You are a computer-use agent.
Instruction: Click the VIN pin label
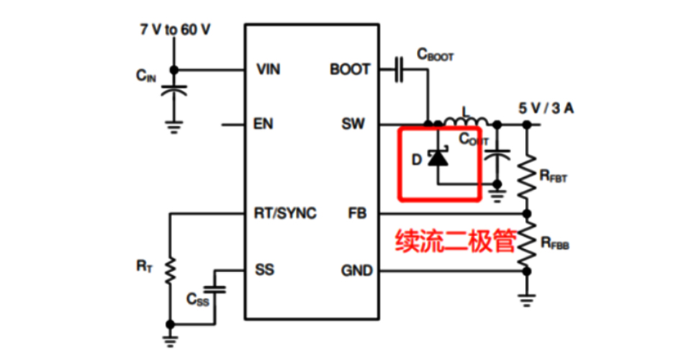[268, 70]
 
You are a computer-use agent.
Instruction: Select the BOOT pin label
[351, 70]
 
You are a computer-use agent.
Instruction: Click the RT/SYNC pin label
[285, 214]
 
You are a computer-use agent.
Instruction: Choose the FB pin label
[357, 214]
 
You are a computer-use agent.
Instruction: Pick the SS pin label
[264, 271]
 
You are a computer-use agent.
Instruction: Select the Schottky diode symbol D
[437, 158]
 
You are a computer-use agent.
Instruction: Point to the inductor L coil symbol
[465, 120]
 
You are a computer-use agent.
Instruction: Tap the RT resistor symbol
[171, 271]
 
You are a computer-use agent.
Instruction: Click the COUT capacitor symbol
[496, 156]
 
